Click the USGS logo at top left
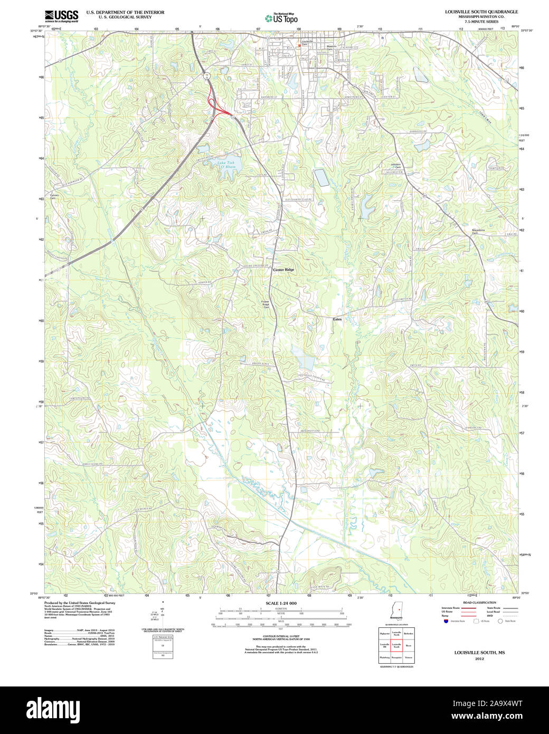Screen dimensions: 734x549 pos(61,15)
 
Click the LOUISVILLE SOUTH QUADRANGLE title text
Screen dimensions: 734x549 pos(481,12)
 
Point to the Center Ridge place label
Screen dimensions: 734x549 pos(283,270)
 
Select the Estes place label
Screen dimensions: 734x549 pos(337,319)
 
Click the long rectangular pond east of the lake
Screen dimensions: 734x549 pos(321,178)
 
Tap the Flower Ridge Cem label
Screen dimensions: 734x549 pos(266,305)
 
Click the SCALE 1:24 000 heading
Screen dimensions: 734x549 pos(281,603)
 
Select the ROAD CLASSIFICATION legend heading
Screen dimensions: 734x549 pos(479,603)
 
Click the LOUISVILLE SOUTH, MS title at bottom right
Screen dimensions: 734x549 pos(479,653)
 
